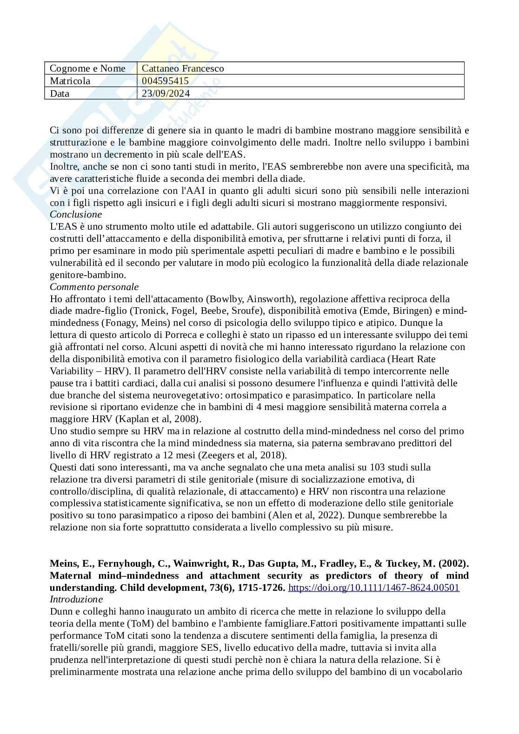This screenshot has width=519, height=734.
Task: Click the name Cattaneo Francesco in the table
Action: tap(182, 68)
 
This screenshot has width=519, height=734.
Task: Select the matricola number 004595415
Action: tap(165, 81)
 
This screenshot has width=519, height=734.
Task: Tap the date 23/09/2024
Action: tap(166, 93)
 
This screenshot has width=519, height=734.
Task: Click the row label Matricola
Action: tap(70, 81)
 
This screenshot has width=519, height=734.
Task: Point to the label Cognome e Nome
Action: tap(87, 68)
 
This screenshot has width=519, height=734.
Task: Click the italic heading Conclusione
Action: tap(76, 215)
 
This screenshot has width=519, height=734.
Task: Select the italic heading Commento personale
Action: tap(94, 287)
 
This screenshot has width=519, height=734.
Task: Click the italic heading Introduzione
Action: tap(76, 599)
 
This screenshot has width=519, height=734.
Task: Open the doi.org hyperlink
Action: tap(373, 588)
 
